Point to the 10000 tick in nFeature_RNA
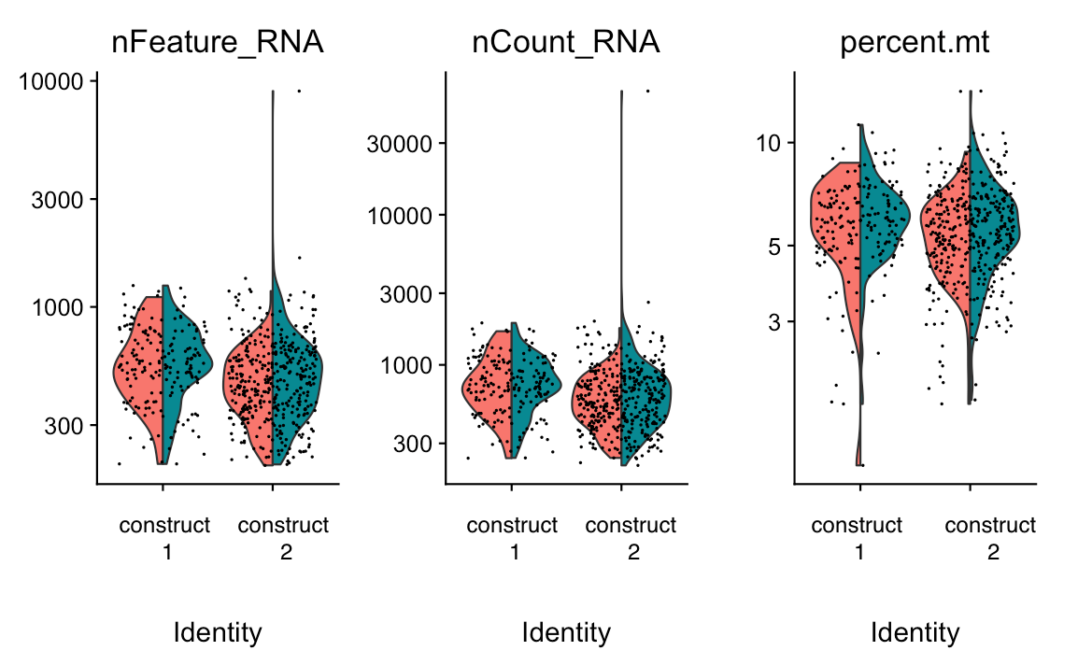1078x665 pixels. coord(53,82)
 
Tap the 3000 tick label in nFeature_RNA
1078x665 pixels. coord(59,199)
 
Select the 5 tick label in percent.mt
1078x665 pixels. coord(774,246)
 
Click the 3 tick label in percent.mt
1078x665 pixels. coord(774,321)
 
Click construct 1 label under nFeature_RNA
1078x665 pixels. coord(164,538)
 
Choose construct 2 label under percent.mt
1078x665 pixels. coord(990,538)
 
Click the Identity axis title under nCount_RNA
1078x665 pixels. coord(566,633)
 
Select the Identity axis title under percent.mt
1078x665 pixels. coord(915,633)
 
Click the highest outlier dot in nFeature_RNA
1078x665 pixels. coord(299,91)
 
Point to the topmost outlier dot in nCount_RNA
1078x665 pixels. coord(648,91)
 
